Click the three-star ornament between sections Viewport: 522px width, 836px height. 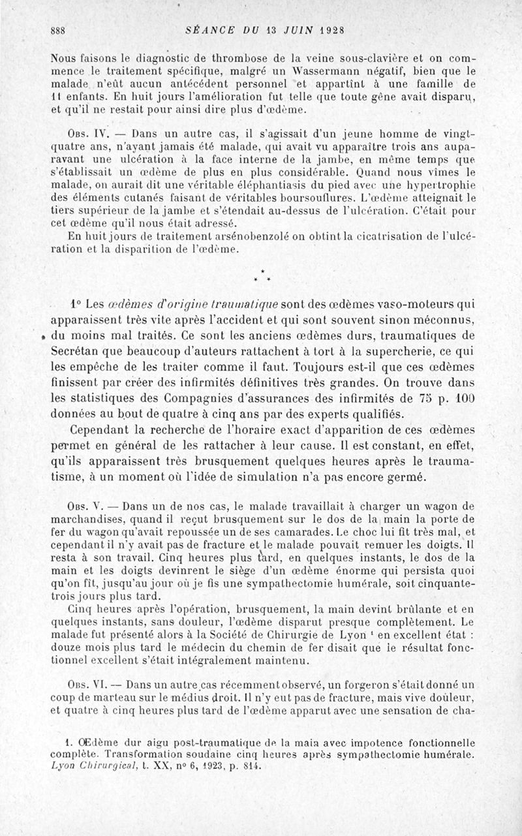coord(261,277)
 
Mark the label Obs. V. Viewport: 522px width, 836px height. coord(80,506)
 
